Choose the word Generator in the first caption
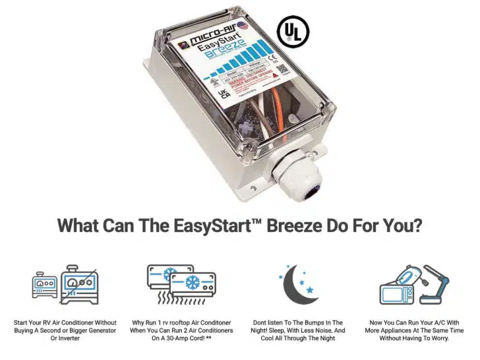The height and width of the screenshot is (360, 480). click(x=94, y=329)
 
